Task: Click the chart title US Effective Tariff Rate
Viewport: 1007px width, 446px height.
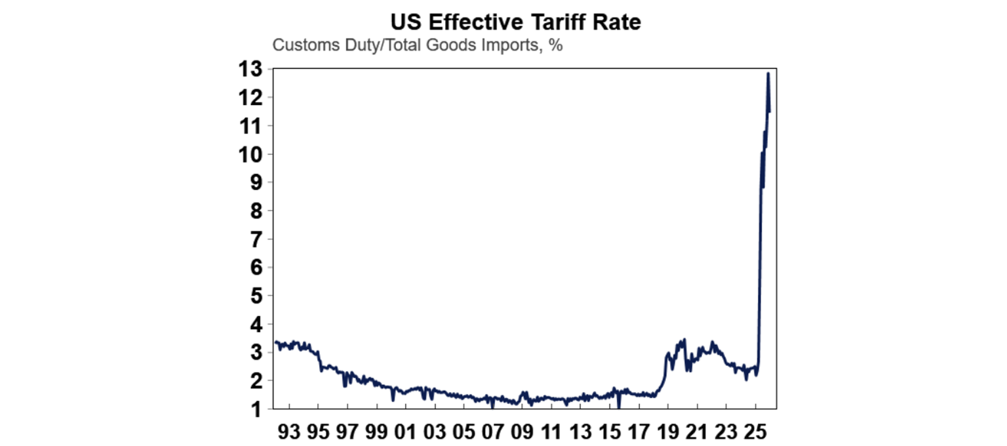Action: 515,22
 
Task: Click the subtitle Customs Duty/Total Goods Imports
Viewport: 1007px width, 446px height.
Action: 418,46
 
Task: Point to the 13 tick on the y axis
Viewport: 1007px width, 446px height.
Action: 252,69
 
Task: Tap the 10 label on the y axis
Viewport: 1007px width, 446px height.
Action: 252,154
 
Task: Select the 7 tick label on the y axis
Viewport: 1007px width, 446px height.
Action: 256,239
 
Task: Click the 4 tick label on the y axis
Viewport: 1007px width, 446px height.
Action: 256,324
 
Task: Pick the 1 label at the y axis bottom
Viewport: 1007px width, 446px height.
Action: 256,409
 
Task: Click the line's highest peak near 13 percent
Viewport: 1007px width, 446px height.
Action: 768,73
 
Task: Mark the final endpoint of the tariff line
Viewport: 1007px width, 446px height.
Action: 770,111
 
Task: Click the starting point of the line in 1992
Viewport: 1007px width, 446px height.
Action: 275,342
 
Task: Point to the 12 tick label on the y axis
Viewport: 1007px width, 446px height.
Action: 252,98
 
